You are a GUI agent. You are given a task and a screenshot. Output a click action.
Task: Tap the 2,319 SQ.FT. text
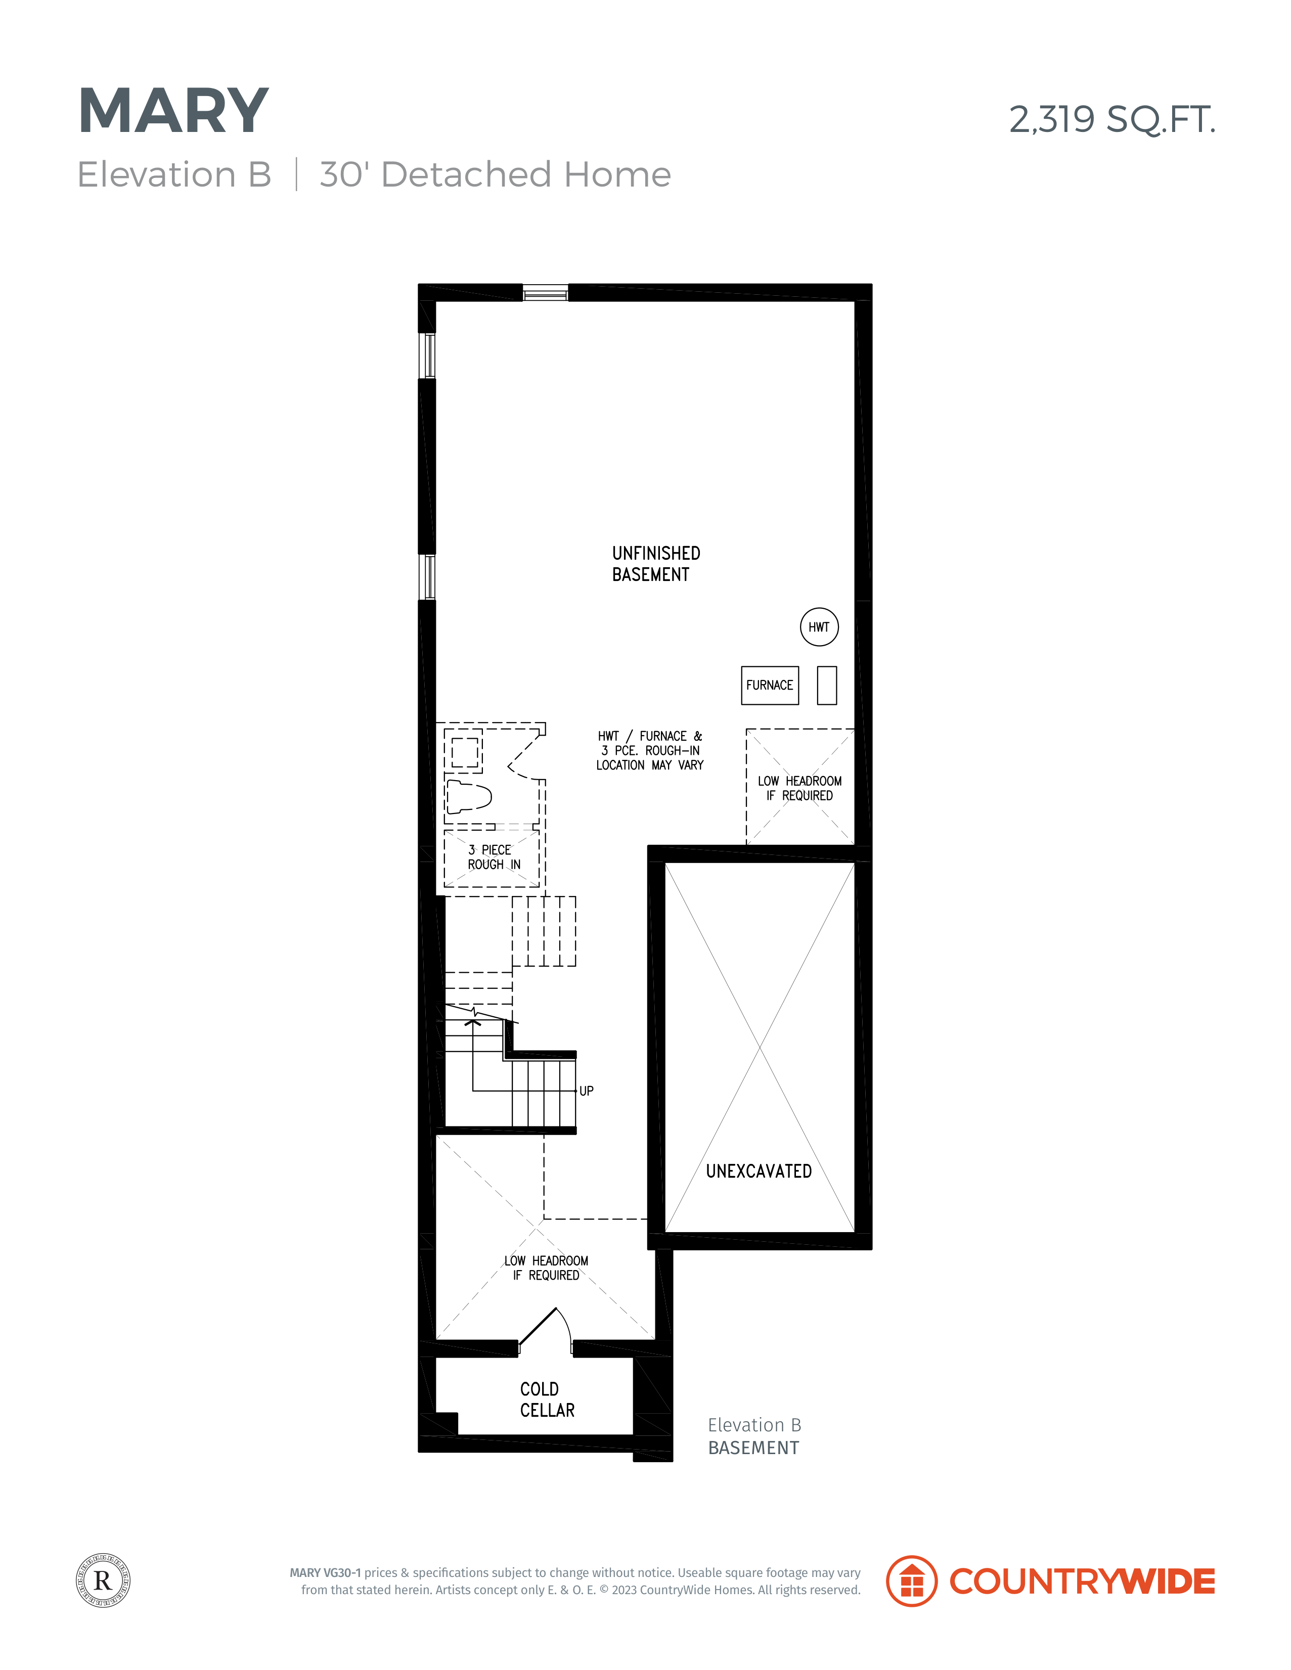coord(1111,120)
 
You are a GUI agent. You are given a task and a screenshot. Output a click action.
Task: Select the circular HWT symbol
coord(819,627)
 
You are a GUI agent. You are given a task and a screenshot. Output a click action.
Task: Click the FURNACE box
coord(770,685)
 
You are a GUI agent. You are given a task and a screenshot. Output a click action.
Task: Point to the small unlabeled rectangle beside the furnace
coord(827,685)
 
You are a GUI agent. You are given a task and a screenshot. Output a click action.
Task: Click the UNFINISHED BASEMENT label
coord(655,564)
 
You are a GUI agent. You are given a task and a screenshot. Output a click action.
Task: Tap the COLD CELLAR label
coord(547,1400)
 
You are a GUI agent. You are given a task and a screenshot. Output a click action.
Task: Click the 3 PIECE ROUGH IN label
coord(494,857)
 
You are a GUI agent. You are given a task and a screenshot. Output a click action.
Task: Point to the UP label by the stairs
coord(587,1091)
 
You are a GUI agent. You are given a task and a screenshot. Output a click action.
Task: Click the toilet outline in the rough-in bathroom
coord(468,797)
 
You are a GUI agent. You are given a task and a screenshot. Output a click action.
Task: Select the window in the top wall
coord(545,293)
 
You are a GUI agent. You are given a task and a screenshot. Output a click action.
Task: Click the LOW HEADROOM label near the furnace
coord(799,788)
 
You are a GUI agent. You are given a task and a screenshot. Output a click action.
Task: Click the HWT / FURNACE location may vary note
coord(650,750)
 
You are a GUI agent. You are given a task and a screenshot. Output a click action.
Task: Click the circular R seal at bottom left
coord(103,1581)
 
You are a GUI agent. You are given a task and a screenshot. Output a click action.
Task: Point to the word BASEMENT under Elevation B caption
coord(753,1448)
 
